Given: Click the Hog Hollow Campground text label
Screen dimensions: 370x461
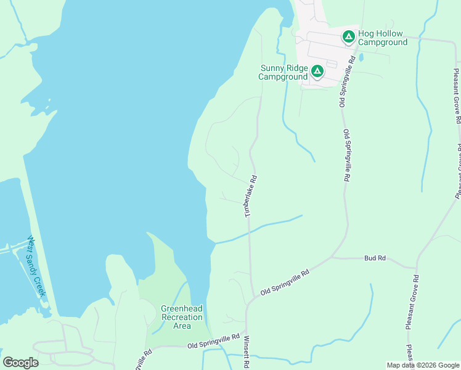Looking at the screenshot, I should point(383,38).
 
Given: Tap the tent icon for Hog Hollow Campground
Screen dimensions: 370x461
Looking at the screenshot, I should point(348,38).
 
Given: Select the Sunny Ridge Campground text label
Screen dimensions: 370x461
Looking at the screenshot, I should point(283,72).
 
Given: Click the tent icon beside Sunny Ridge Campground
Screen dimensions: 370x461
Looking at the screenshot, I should point(317,72).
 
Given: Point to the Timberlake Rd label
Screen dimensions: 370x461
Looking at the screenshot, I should point(250,195).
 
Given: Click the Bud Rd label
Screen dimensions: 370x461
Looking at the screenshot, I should point(375,258).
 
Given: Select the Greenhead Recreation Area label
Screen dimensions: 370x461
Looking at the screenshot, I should point(181,317).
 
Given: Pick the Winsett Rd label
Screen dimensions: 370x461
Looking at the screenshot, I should point(246,352).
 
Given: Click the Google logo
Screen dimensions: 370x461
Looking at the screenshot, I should point(20,363).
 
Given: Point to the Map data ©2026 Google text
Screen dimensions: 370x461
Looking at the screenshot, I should point(423,365).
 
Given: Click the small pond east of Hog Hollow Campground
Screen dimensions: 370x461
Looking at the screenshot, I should point(361,57).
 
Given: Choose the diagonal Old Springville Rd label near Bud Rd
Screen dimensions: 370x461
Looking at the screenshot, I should point(284,282).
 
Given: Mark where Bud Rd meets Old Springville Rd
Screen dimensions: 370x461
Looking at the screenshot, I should point(333,257).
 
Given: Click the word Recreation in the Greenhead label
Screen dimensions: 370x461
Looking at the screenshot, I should point(181,317).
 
